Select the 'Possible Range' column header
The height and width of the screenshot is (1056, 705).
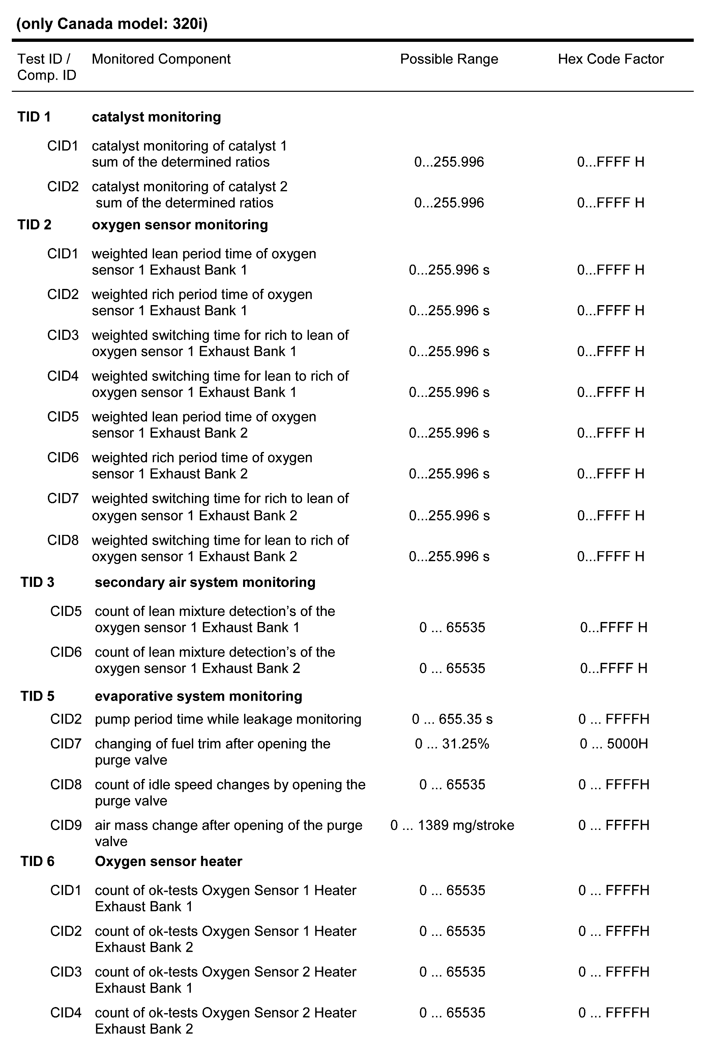(x=449, y=59)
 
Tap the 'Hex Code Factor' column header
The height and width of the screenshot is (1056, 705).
(x=610, y=59)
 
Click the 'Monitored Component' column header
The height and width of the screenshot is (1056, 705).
(x=161, y=59)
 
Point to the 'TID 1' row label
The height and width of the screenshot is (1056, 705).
(x=34, y=117)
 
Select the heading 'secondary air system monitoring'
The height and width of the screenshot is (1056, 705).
(x=205, y=582)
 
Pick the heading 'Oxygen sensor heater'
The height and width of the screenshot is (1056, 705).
(x=168, y=861)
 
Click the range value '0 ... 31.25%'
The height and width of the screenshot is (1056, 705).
(x=451, y=744)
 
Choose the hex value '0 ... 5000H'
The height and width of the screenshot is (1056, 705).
(x=613, y=744)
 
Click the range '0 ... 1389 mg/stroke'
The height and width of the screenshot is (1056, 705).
(x=452, y=825)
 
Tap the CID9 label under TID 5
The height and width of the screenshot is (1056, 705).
(x=66, y=825)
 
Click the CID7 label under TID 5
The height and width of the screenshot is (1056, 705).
(x=66, y=744)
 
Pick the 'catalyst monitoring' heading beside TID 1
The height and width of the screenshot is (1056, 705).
(x=156, y=117)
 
